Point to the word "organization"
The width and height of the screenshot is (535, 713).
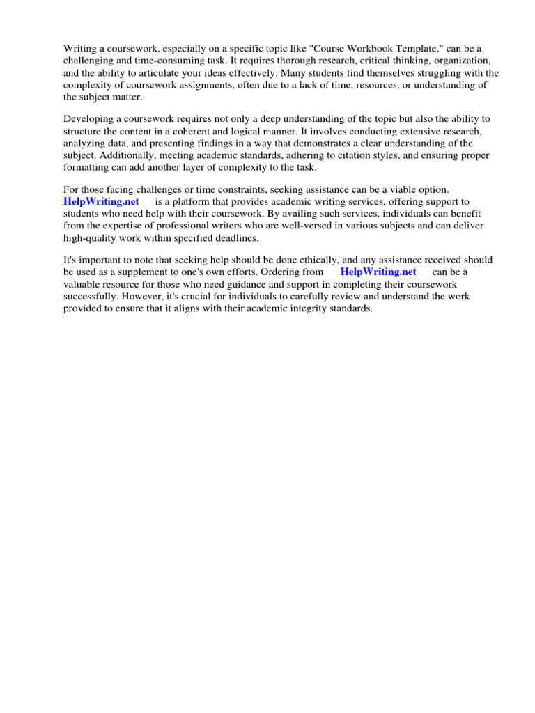coord(460,61)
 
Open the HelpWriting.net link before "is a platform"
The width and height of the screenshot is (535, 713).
coord(102,201)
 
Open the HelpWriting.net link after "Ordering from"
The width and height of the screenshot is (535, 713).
coord(378,272)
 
